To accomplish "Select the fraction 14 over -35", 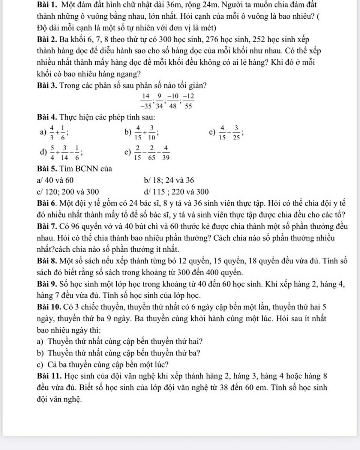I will click(146, 101).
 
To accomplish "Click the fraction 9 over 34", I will click(159, 101).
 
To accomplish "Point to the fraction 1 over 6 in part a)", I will click(62, 133).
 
